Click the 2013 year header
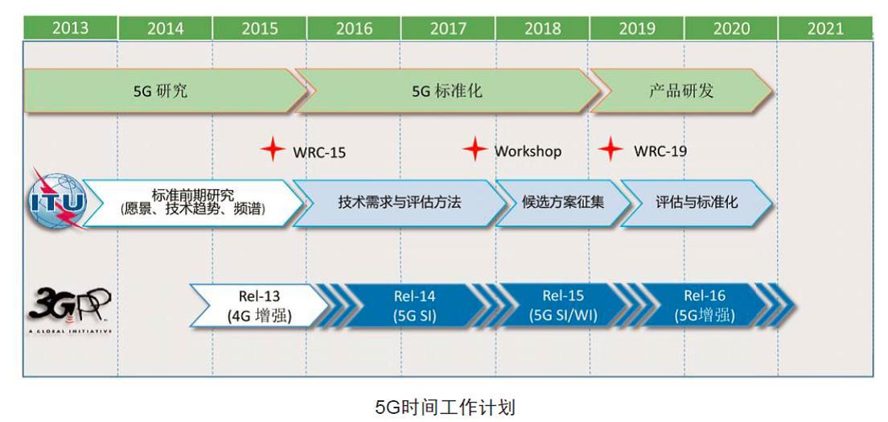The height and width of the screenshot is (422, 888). pos(70,28)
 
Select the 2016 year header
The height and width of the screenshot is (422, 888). pos(354,29)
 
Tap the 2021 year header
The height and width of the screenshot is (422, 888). pos(825,29)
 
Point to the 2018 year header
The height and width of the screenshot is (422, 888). pos(543,29)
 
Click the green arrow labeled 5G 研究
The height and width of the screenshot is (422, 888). pos(161,91)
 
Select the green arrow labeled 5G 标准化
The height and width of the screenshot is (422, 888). pos(447,91)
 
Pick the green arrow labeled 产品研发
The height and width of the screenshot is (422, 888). pos(680,91)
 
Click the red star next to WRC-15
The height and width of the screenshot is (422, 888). pos(273,150)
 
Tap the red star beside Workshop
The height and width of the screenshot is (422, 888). pos(475,149)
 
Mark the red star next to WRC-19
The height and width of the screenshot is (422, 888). pos(611,149)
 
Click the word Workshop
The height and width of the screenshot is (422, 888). pos(528,151)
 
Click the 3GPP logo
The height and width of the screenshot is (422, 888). pos(68,307)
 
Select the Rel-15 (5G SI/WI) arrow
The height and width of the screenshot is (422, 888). pos(563,306)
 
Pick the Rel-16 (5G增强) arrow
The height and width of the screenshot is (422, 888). pos(705,306)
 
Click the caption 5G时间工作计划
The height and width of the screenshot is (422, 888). pos(445,406)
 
